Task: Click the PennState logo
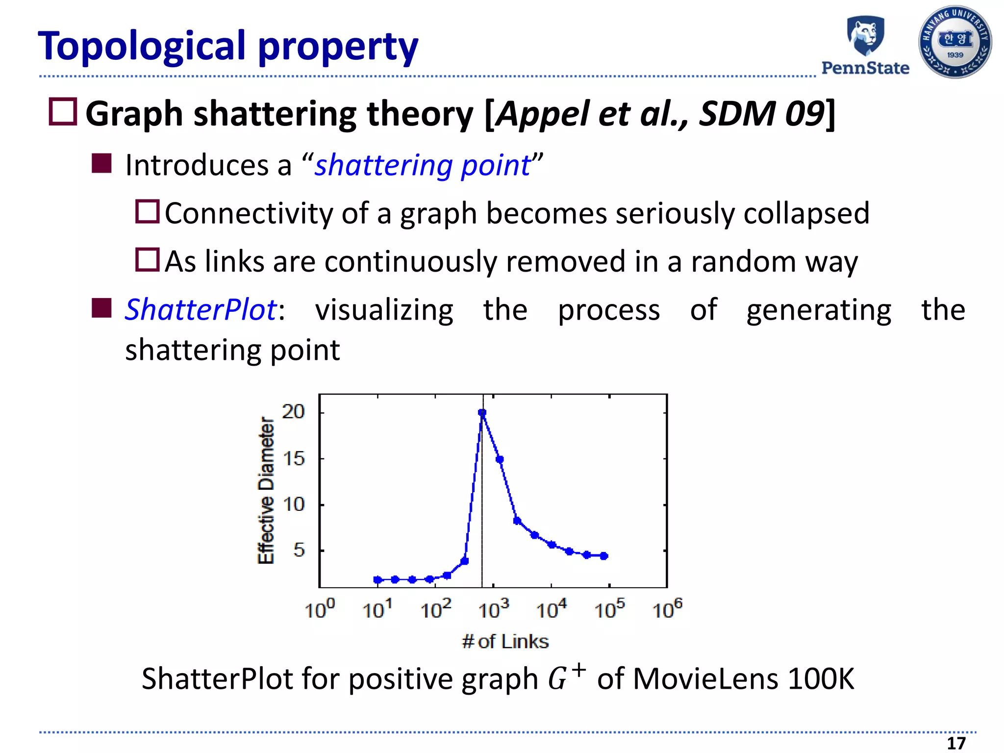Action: click(865, 45)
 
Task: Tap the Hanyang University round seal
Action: click(954, 42)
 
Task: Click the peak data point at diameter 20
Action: click(482, 413)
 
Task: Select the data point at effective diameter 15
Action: click(500, 459)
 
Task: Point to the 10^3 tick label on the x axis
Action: click(493, 609)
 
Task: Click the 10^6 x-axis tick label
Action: click(667, 609)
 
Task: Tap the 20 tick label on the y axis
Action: click(293, 411)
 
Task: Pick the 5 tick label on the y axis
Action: click(299, 550)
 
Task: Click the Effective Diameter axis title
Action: click(266, 490)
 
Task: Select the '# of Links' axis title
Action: click(505, 641)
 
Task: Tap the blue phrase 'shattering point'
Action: click(423, 165)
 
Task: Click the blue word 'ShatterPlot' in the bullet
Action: click(201, 310)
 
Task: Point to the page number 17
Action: click(955, 743)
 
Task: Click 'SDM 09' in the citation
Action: click(761, 114)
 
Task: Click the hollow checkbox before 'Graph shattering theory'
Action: click(63, 112)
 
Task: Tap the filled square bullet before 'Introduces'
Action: click(101, 163)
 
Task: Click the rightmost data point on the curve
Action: click(604, 556)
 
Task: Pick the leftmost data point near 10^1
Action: click(377, 579)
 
